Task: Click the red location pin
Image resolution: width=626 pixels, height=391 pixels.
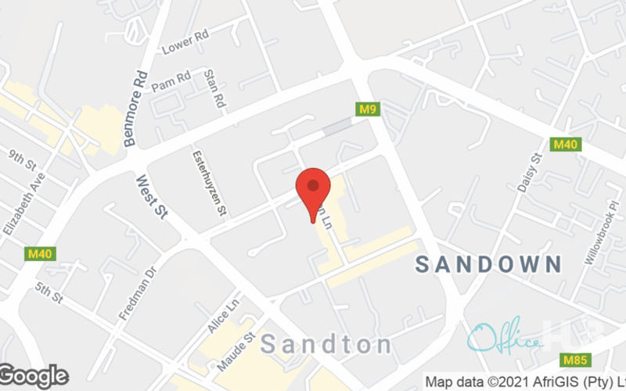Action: (313, 188)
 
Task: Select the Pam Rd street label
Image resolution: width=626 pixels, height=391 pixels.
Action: (171, 78)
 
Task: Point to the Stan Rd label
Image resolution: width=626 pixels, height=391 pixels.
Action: (214, 88)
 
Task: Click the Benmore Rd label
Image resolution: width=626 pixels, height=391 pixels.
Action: (135, 109)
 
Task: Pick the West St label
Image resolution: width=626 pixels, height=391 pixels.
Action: (152, 196)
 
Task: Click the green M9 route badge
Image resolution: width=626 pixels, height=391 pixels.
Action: (369, 109)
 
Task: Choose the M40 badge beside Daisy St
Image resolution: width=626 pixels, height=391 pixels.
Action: (564, 145)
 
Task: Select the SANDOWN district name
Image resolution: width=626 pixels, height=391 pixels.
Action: (488, 264)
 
